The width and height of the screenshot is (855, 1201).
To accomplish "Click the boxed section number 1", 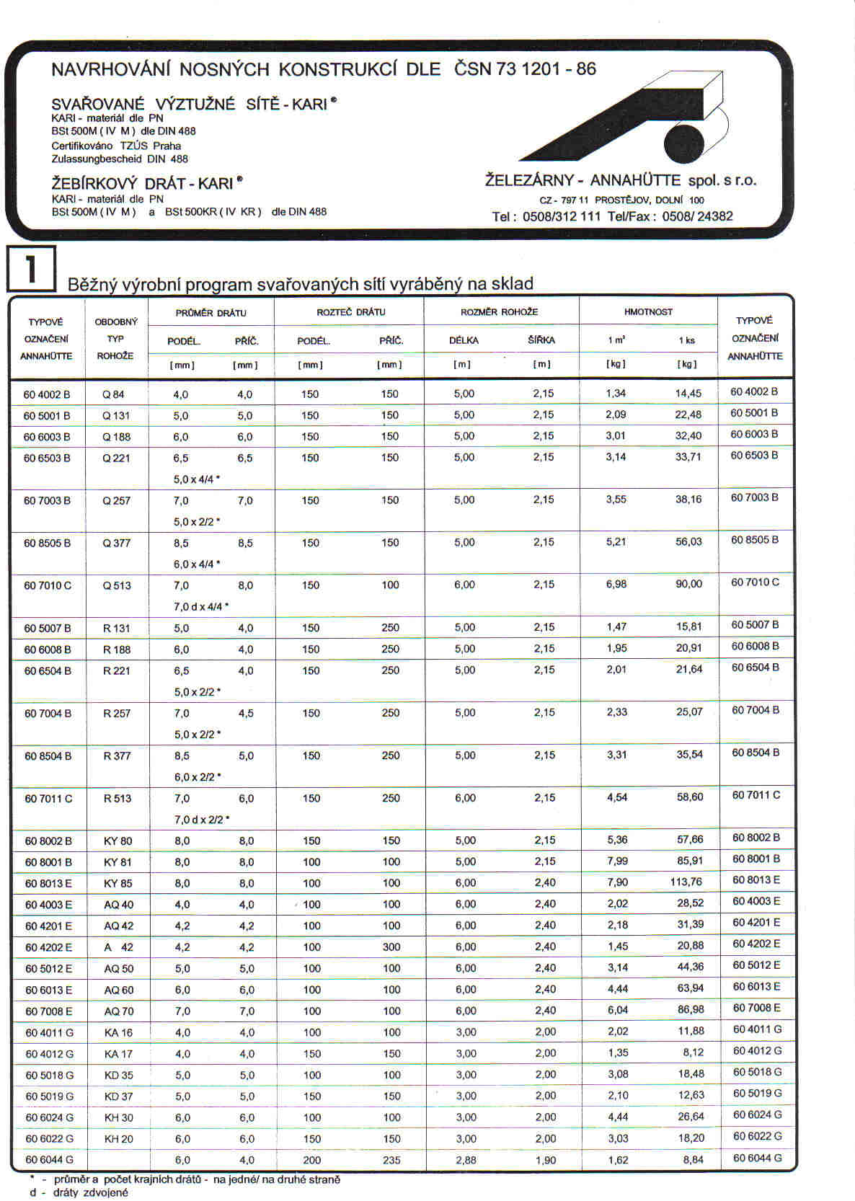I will [31, 269].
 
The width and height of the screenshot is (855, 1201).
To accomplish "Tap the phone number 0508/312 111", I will [561, 216].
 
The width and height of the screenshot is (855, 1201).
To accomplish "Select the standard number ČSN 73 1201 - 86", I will [525, 69].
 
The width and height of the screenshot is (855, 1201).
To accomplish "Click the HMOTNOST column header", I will [648, 312].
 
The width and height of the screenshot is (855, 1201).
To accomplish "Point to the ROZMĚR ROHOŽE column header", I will [499, 312].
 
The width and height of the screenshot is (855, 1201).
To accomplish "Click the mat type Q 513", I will [117, 585].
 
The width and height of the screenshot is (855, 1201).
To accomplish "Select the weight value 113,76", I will [686, 882].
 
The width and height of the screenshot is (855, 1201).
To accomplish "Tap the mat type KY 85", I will [118, 883].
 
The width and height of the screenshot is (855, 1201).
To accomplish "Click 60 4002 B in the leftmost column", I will [47, 394].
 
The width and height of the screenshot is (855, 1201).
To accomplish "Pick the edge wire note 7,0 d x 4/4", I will [200, 606].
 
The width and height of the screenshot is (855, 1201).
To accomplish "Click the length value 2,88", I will [466, 1160].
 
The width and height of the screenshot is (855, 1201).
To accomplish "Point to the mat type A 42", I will [118, 947].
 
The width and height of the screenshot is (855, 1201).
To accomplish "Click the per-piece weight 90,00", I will [688, 584].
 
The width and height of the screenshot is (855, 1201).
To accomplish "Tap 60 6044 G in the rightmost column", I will [757, 1158].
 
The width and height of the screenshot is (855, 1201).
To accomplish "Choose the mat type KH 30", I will [118, 1117].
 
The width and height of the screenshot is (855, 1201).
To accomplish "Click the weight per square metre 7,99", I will [617, 861].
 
